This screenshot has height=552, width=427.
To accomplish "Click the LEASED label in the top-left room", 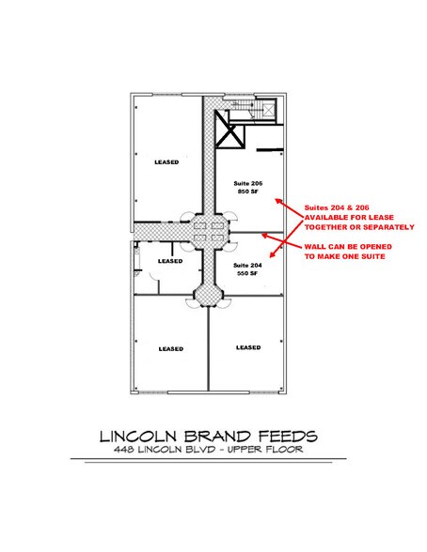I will tap(166, 161).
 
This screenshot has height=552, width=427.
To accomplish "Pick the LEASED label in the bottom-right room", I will tap(248, 346).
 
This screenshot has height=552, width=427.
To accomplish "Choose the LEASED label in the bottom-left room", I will tap(169, 348).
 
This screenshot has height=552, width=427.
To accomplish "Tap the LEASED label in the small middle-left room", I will tap(169, 261).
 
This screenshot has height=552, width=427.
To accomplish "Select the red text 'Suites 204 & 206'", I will tap(332, 207).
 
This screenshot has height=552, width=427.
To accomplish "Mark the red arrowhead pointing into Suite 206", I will tap(275, 198).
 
